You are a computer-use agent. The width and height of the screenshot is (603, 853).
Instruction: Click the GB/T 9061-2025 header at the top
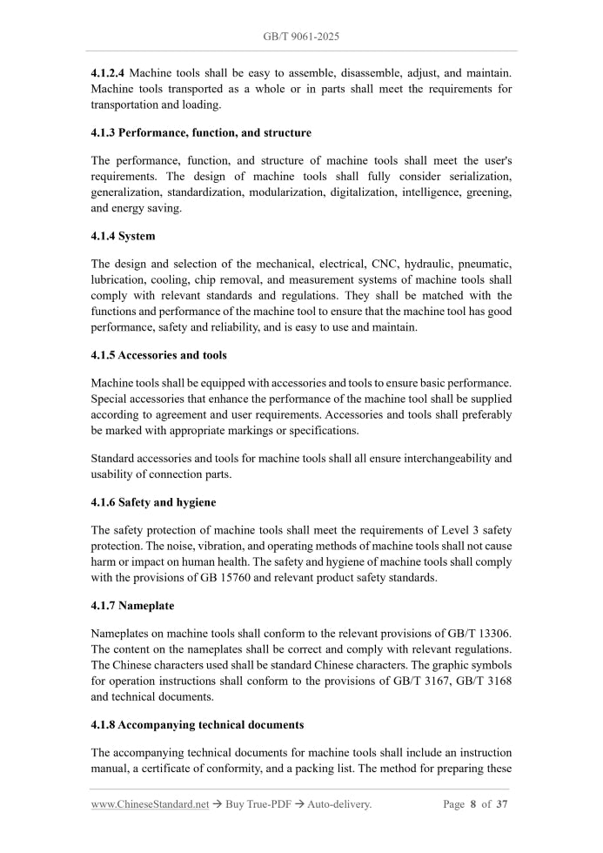pyautogui.click(x=301, y=37)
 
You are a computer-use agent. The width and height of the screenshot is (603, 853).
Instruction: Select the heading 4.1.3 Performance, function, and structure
pyautogui.click(x=201, y=132)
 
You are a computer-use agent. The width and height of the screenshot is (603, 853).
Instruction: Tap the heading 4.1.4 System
pyautogui.click(x=124, y=236)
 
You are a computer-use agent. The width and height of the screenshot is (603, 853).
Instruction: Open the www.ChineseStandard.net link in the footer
pyautogui.click(x=150, y=804)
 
